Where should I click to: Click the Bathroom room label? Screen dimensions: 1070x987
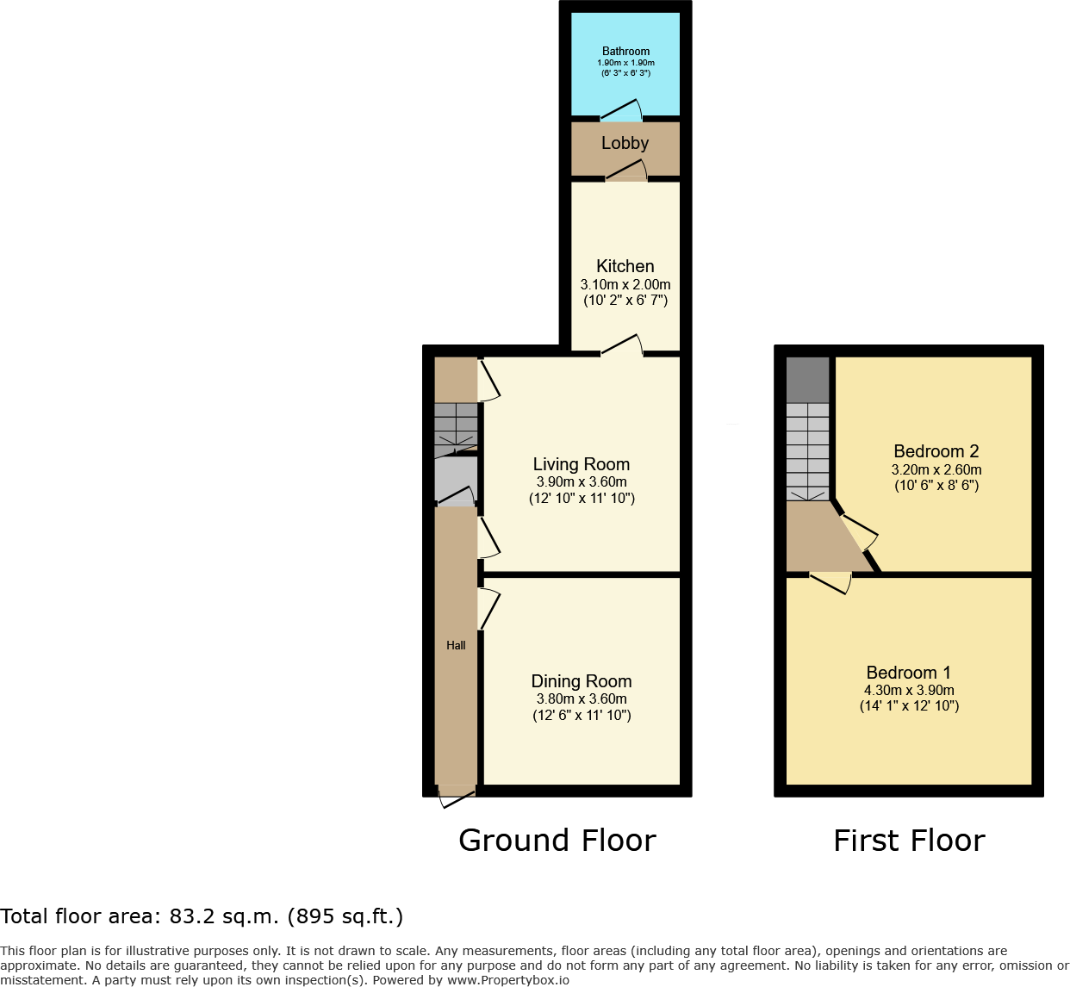click(x=625, y=51)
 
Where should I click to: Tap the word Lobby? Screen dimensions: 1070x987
click(x=625, y=143)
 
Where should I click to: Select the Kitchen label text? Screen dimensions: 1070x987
click(x=625, y=266)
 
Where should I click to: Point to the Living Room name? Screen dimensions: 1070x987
click(x=582, y=464)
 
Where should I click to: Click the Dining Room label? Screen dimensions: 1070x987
click(x=582, y=681)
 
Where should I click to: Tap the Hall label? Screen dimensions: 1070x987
click(x=456, y=645)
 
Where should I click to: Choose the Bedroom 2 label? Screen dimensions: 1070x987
click(x=936, y=451)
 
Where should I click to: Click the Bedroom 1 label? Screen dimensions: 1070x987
click(x=908, y=673)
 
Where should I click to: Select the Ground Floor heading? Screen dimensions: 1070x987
click(x=557, y=841)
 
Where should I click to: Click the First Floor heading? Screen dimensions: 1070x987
click(x=910, y=841)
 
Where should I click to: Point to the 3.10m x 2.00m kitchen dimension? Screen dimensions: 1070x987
click(x=625, y=284)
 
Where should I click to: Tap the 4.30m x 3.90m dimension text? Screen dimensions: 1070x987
click(x=909, y=690)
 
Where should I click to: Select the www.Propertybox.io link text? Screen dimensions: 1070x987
click(x=508, y=980)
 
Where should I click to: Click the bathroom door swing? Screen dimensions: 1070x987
click(x=621, y=109)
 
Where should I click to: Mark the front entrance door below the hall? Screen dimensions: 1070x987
click(x=457, y=798)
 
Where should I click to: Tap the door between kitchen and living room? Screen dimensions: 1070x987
click(x=622, y=345)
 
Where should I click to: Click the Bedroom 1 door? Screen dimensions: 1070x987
click(x=830, y=583)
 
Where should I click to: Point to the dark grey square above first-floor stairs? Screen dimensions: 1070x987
click(x=807, y=380)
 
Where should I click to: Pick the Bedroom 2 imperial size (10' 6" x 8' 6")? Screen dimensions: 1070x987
click(x=936, y=486)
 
